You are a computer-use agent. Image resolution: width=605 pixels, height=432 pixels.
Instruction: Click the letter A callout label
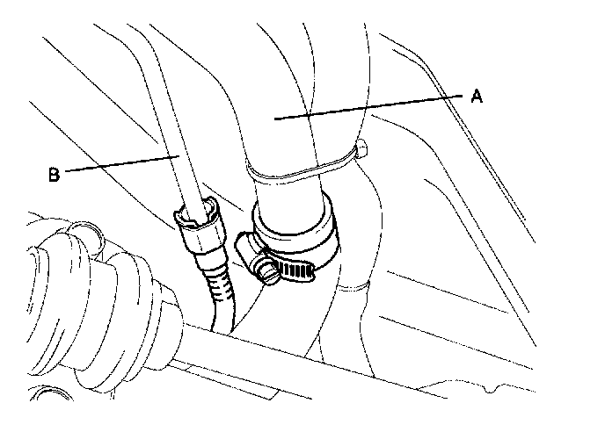(476, 97)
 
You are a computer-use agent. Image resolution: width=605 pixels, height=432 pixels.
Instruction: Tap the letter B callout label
(55, 174)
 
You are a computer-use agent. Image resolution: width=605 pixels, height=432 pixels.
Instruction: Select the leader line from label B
(119, 164)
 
